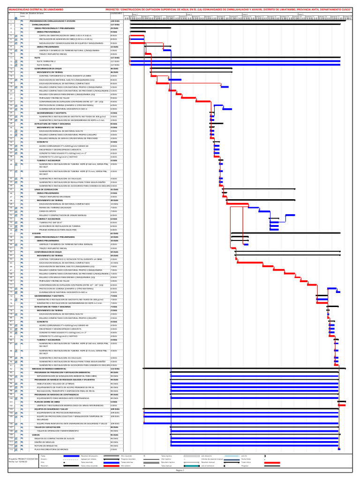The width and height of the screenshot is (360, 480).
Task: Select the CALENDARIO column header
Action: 116,13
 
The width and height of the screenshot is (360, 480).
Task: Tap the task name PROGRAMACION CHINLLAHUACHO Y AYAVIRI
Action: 52,22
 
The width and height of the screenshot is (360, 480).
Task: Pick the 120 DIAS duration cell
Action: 115,22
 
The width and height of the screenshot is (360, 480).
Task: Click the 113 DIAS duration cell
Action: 115,369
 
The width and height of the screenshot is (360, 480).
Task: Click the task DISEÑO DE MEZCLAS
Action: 44,442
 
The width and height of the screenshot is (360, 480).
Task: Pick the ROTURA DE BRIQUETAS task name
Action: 45,446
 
